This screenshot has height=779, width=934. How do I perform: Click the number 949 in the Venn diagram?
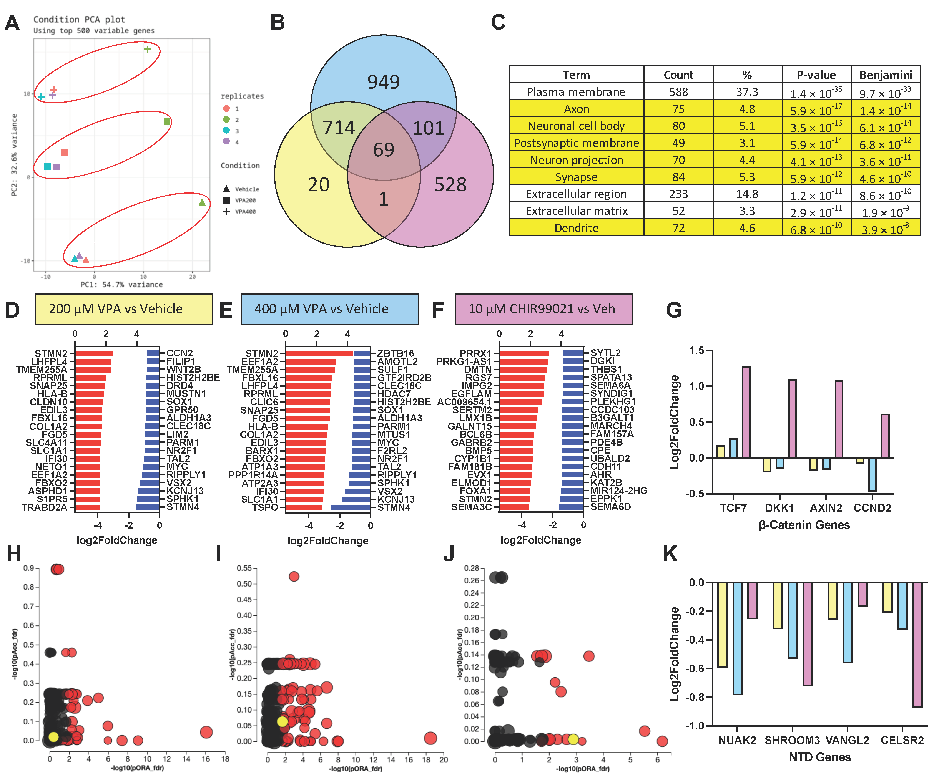pyautogui.click(x=383, y=82)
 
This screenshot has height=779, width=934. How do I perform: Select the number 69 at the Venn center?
pyautogui.click(x=383, y=150)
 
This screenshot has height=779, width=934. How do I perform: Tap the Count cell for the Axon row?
pyautogui.click(x=678, y=109)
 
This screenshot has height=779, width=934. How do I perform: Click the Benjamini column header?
pyautogui.click(x=886, y=75)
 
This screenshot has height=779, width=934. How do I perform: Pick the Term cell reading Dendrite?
pyautogui.click(x=576, y=228)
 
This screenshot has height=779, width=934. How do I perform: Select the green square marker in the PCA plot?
pyautogui.click(x=167, y=121)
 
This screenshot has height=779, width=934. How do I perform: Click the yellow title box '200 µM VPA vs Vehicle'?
pyautogui.click(x=124, y=309)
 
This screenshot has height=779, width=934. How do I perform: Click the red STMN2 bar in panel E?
pyautogui.click(x=319, y=353)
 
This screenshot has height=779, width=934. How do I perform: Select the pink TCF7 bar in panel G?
pyautogui.click(x=746, y=412)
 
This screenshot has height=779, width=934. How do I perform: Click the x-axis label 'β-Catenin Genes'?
pyautogui.click(x=804, y=525)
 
